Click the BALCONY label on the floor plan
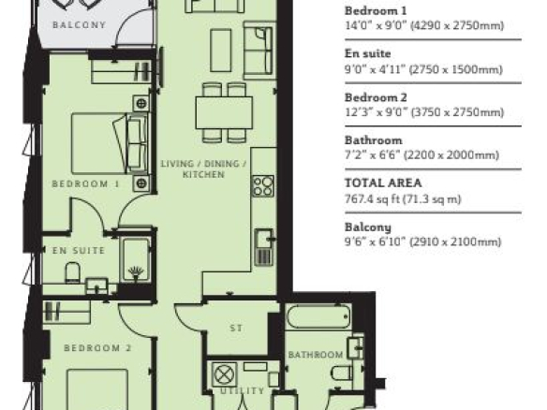[x=79, y=25]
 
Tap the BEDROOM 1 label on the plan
[x=86, y=183]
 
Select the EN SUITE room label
[x=79, y=250]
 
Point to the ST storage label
[x=236, y=328]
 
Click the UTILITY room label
[x=242, y=391]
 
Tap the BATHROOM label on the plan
[x=316, y=355]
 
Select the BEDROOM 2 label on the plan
[x=97, y=348]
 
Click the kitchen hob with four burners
[x=263, y=186]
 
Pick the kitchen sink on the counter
[x=264, y=247]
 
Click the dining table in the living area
[x=224, y=113]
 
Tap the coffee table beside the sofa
[x=221, y=51]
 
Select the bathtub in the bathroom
[x=318, y=317]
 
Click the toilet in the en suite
[x=73, y=272]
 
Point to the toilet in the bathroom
[x=342, y=373]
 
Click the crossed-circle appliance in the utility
[x=224, y=374]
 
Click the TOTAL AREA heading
[x=383, y=183]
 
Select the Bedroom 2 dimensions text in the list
[x=424, y=112]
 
